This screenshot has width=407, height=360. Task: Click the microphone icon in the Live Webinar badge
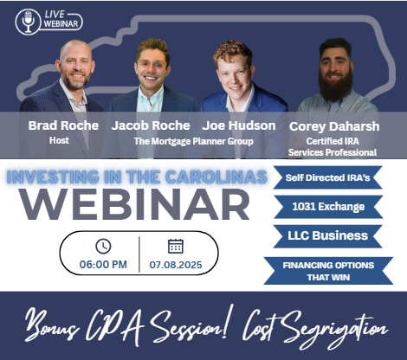coord(28,22)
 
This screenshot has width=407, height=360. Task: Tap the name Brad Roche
coord(63,125)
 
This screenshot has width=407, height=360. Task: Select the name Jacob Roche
coord(151,126)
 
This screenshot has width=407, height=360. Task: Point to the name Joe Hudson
coord(239,125)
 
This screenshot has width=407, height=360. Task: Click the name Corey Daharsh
coord(334,126)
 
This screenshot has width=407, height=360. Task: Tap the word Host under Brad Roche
coord(59,140)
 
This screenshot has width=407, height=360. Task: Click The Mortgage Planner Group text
coord(194,141)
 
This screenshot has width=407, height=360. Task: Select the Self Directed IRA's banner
coord(328,177)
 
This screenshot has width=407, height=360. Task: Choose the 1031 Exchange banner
coord(328,207)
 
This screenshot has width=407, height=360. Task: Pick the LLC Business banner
coord(328,236)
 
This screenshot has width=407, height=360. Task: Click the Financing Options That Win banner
coord(328,271)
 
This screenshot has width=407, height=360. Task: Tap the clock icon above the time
coord(103,247)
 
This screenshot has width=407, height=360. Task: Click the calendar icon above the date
coord(176,247)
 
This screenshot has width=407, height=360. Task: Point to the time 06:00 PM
coord(103,265)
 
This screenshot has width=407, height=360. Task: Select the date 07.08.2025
coord(176,265)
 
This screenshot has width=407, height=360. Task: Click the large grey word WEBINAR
coord(134,204)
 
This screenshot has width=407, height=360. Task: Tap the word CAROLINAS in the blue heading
coord(216,177)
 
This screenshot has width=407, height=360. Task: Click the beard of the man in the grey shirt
coord(336,85)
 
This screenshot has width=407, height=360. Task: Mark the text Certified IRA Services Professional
coord(333,147)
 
